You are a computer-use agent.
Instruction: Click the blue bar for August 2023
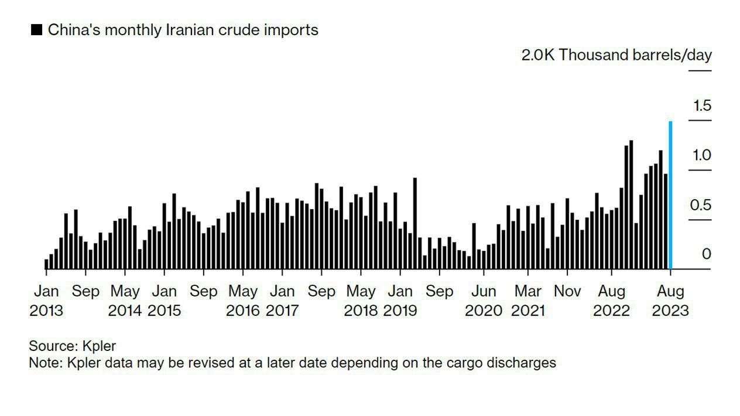[x=670, y=195]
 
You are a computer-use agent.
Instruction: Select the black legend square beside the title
[x=36, y=30]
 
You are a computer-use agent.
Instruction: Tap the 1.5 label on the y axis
[x=702, y=106]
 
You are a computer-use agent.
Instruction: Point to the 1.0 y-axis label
[x=702, y=155]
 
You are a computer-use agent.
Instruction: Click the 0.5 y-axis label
[x=702, y=205]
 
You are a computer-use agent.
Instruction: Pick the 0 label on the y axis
[x=706, y=254]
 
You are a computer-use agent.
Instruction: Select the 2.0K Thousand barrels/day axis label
[x=616, y=55]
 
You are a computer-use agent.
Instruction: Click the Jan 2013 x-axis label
[x=46, y=301]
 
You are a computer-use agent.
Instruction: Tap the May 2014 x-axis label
[x=125, y=301]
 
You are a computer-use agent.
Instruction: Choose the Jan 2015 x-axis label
[x=165, y=301]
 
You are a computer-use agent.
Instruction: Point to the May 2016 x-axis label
[x=243, y=301]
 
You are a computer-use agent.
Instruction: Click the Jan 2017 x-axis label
[x=282, y=301]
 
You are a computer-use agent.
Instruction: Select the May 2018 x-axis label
[x=361, y=301]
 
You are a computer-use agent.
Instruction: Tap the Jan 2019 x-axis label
[x=400, y=301]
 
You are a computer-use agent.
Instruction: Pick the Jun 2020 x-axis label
[x=484, y=301]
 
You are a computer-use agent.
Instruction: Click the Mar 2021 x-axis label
[x=528, y=301]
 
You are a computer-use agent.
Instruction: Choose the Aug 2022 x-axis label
[x=612, y=301]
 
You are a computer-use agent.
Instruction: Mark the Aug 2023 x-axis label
[x=670, y=301]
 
